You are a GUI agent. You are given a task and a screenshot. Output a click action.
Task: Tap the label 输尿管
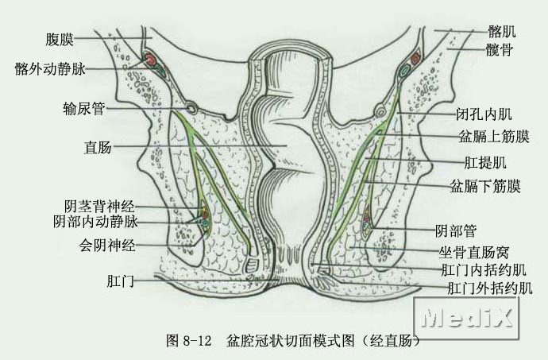pyautogui.click(x=84, y=108)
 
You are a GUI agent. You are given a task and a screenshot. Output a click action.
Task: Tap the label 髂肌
pyautogui.click(x=501, y=33)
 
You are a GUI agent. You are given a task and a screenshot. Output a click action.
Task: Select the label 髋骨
pyautogui.click(x=501, y=49)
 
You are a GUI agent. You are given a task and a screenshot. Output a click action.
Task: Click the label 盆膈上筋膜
pyautogui.click(x=487, y=137)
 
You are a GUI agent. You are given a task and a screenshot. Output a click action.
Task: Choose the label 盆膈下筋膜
pyautogui.click(x=485, y=187)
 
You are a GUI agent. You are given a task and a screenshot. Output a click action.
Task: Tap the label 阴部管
pyautogui.click(x=455, y=231)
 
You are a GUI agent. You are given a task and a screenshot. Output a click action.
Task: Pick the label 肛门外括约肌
pyautogui.click(x=490, y=287)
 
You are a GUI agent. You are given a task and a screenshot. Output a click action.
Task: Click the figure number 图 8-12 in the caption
pyautogui.click(x=188, y=341)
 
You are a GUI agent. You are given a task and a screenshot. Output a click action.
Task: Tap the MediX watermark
pyautogui.click(x=469, y=318)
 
